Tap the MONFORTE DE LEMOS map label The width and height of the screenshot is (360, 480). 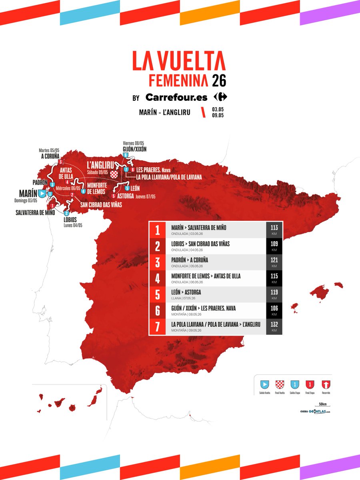[x=96, y=189]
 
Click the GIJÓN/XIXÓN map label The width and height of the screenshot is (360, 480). [x=135, y=149]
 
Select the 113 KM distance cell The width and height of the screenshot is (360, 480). [x=274, y=230]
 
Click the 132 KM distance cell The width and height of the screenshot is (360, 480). [x=274, y=326]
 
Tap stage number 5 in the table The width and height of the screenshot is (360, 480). [x=158, y=294]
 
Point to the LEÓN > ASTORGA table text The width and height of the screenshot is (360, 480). [x=186, y=292]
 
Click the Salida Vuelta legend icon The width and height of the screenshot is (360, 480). [x=264, y=384]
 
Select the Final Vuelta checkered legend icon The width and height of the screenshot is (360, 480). [x=280, y=384]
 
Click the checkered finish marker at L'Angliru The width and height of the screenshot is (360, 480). [x=115, y=174]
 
